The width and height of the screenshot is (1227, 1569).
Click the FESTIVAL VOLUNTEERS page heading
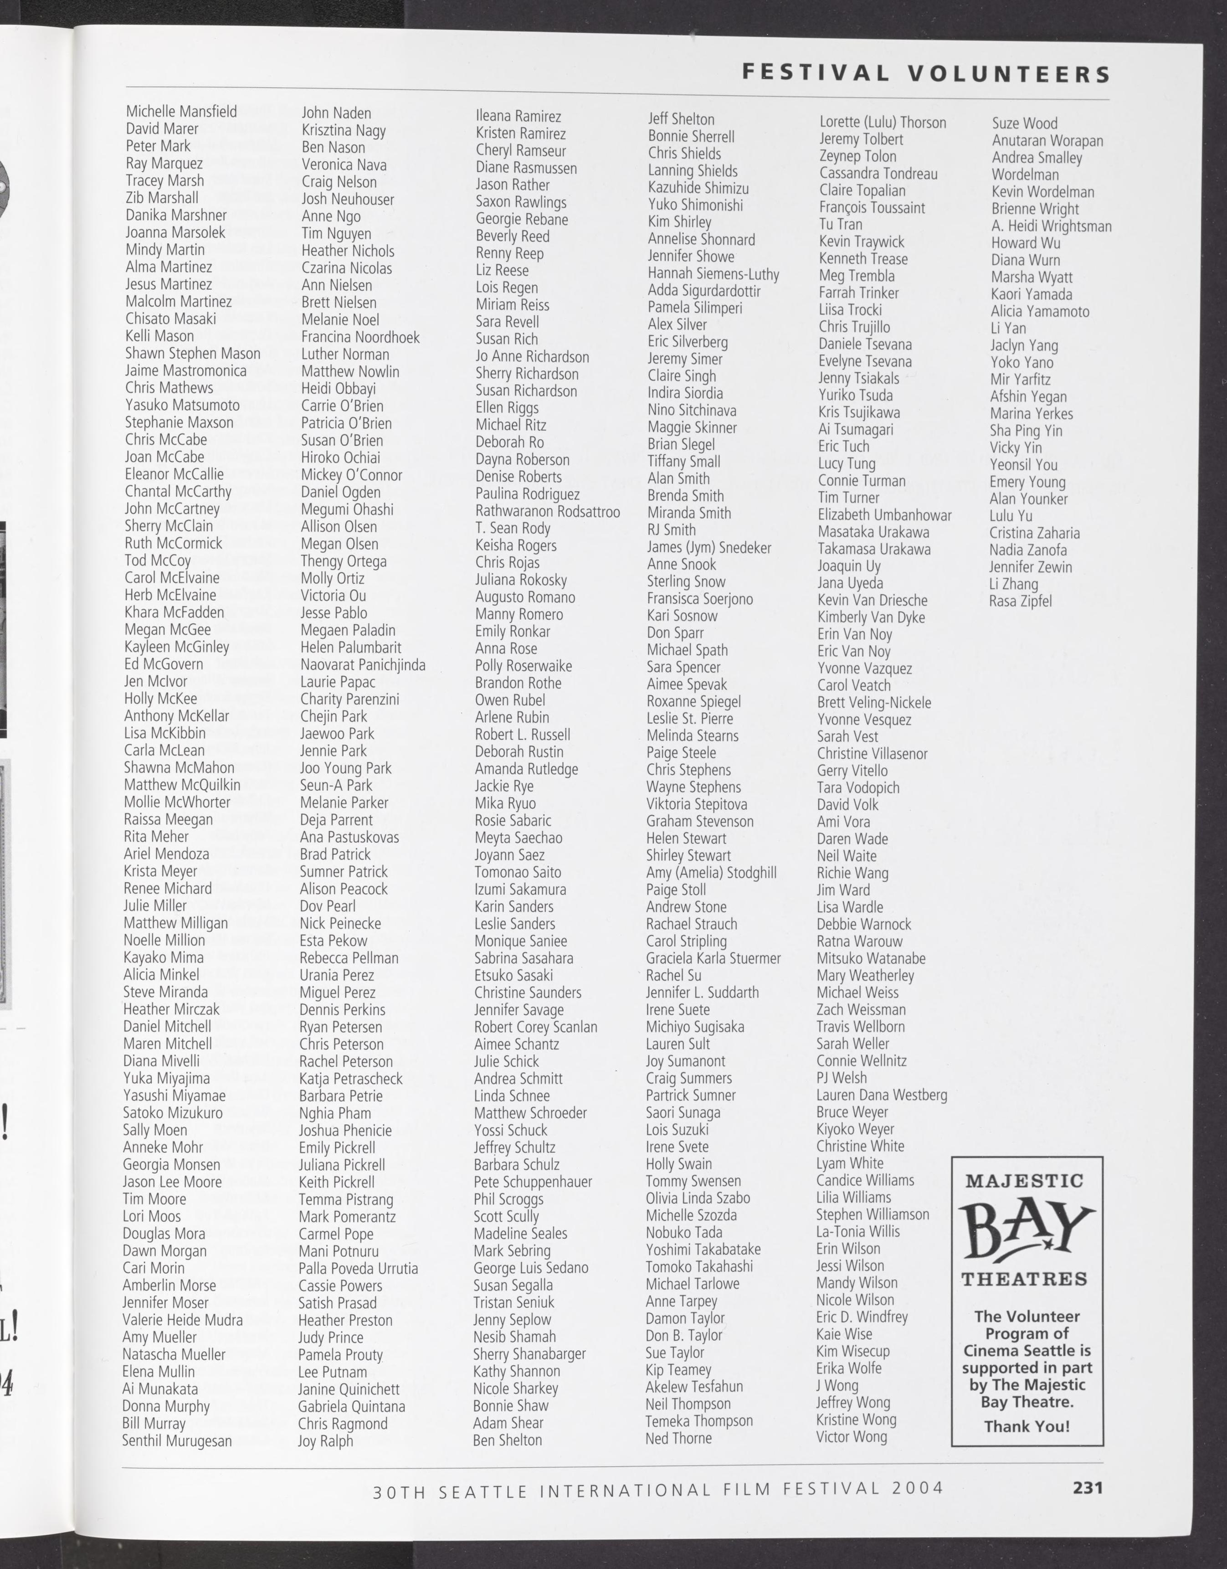pos(925,73)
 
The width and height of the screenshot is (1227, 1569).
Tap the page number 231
pos(1087,1487)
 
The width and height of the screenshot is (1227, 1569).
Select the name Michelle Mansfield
pos(181,111)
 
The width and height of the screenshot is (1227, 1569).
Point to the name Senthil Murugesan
pos(177,1440)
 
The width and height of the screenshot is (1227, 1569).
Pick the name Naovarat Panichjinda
pos(363,664)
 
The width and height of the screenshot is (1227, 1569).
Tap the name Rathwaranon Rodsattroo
pos(547,511)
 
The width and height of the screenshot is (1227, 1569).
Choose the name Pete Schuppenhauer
pos(532,1182)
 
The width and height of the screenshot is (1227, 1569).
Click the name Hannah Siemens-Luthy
pos(714,274)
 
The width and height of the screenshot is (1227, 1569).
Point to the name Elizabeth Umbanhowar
pos(884,515)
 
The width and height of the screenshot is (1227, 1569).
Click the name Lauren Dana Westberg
pos(882,1095)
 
